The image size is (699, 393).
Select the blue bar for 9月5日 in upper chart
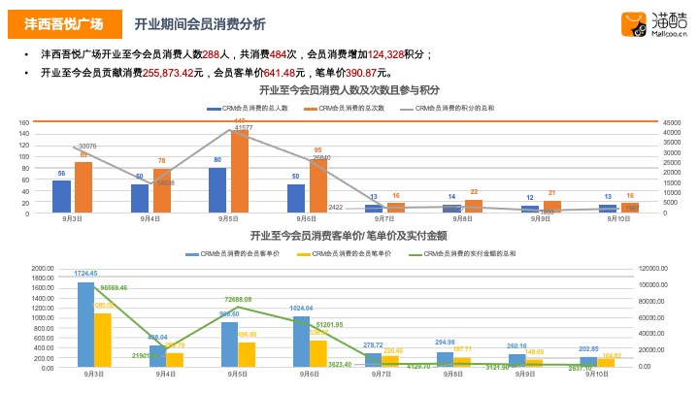tap(217, 189)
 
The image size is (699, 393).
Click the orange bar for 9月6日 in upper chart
tap(318, 185)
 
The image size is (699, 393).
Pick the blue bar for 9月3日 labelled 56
tap(61, 195)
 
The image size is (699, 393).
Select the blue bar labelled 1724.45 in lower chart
tap(86, 324)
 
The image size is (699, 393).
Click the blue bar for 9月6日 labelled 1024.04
tap(301, 342)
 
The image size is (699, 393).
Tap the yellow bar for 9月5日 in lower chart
tap(247, 354)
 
